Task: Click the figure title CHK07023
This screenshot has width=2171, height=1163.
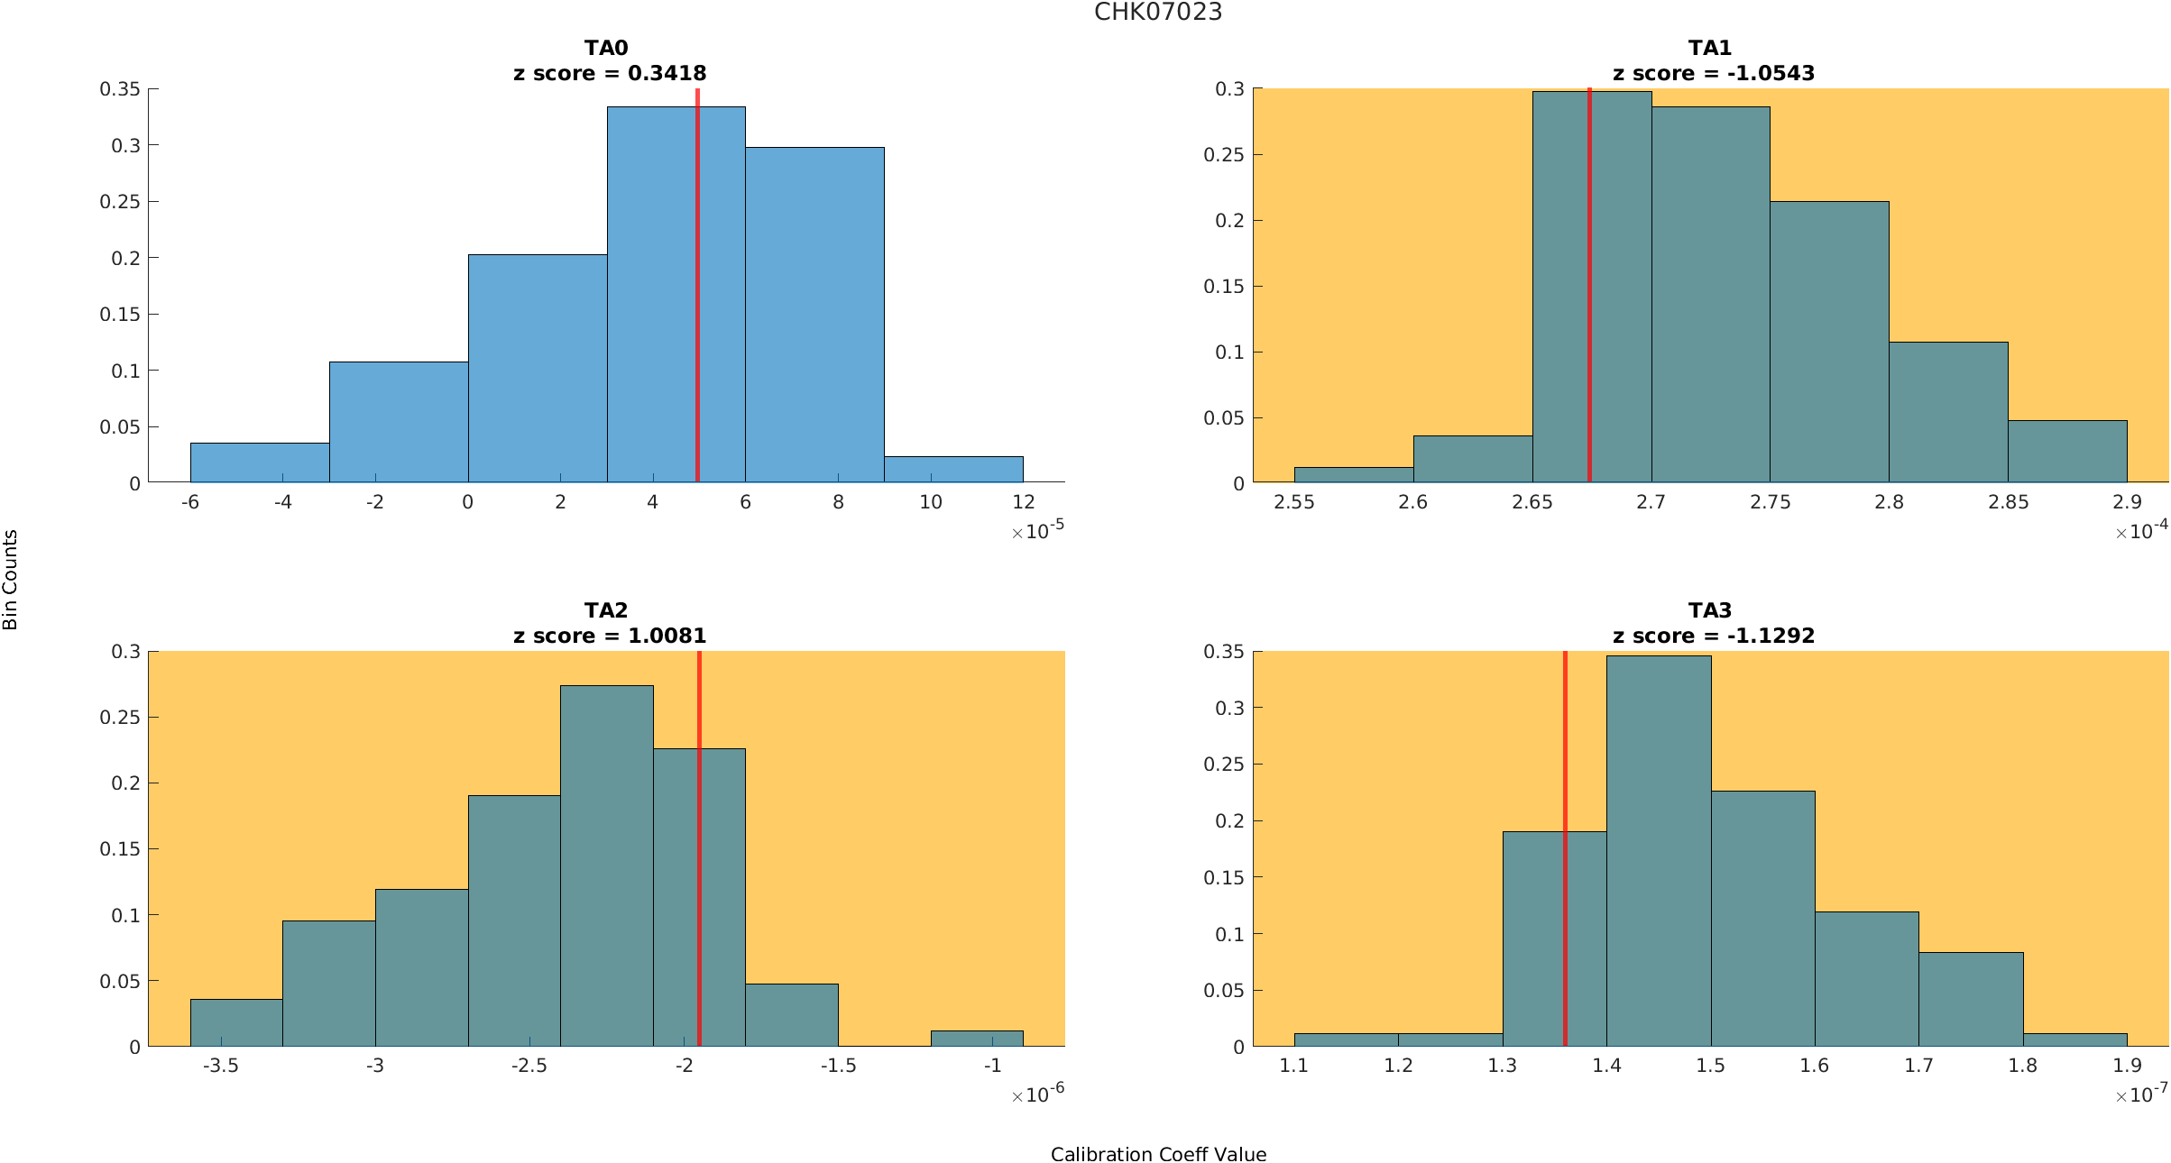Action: point(1158,12)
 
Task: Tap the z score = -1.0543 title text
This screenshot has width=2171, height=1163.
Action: point(1713,73)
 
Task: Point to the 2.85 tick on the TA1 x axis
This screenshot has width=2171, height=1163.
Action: point(2008,502)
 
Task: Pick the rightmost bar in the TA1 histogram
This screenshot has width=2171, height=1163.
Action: point(2067,452)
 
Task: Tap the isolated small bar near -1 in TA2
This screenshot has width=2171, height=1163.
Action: point(977,1038)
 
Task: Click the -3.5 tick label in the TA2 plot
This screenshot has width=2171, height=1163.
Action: point(220,1066)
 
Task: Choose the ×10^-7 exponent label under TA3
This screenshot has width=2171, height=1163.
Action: point(2141,1094)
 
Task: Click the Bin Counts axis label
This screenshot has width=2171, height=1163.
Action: point(11,580)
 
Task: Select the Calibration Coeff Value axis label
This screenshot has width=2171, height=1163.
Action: point(1158,1154)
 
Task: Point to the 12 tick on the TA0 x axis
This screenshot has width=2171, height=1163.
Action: point(1023,502)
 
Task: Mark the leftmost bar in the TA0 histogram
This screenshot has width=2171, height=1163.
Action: point(260,462)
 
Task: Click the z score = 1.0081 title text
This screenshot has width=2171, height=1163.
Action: point(610,636)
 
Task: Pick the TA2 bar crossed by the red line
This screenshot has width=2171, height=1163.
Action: point(676,902)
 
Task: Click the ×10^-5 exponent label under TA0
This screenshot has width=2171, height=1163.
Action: point(1037,531)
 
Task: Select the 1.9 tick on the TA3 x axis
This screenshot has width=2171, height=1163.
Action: point(2127,1066)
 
